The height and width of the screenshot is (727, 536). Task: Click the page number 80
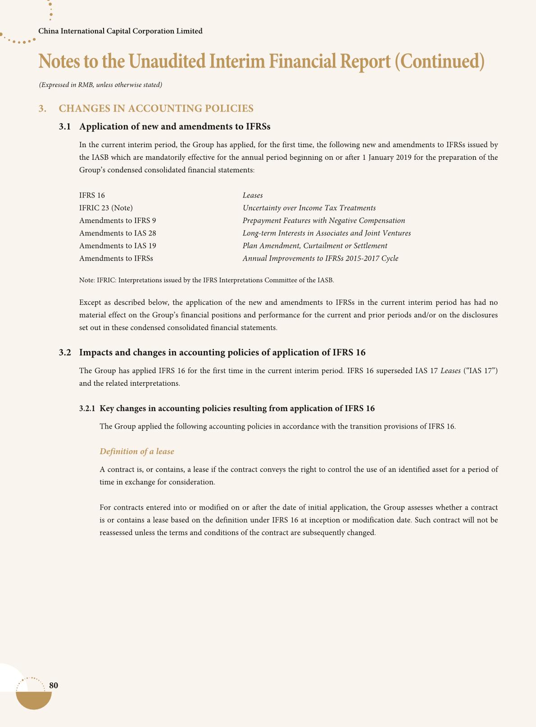point(54,685)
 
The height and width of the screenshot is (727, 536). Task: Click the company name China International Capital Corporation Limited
point(120,31)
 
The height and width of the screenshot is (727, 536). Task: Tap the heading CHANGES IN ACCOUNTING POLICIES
point(156,108)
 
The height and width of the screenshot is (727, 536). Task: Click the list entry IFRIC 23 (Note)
point(106,208)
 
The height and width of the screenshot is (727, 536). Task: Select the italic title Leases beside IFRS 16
point(253,195)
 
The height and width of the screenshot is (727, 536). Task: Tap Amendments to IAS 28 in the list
point(118,233)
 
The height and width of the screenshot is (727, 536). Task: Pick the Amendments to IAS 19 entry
point(118,246)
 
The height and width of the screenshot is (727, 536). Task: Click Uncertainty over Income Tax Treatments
point(309,208)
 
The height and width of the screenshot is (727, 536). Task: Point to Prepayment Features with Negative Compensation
point(323,221)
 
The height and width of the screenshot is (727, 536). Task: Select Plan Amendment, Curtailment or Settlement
point(315,246)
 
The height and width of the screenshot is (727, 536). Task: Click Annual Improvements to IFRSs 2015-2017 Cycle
point(320,258)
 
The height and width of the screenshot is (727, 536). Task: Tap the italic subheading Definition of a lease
point(137,451)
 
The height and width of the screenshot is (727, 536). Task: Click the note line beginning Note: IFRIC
point(206,280)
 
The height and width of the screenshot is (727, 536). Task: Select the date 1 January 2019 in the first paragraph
point(386,158)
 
